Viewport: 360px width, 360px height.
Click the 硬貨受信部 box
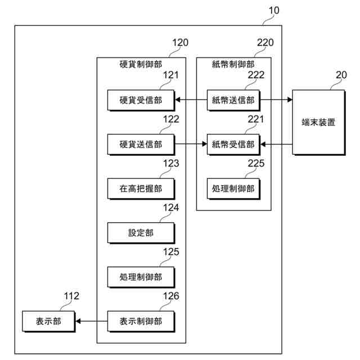(x=140, y=100)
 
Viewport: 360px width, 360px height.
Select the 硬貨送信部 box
(x=140, y=145)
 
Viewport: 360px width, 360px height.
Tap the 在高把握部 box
(x=140, y=188)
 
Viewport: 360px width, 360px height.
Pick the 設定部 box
(x=140, y=232)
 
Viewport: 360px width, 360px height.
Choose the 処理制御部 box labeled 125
(x=140, y=277)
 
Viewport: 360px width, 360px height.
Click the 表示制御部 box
(x=140, y=321)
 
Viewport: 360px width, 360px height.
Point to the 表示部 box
(x=48, y=321)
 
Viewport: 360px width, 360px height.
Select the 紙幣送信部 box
(x=233, y=100)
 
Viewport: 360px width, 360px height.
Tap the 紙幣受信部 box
(x=233, y=145)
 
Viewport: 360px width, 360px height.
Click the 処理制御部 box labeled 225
(x=233, y=188)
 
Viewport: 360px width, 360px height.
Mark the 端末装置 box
(x=318, y=122)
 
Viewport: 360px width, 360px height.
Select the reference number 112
(x=71, y=296)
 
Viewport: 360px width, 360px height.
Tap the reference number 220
(x=265, y=42)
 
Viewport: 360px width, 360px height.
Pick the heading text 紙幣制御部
(x=233, y=64)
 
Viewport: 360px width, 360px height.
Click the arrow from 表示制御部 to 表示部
(x=91, y=321)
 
